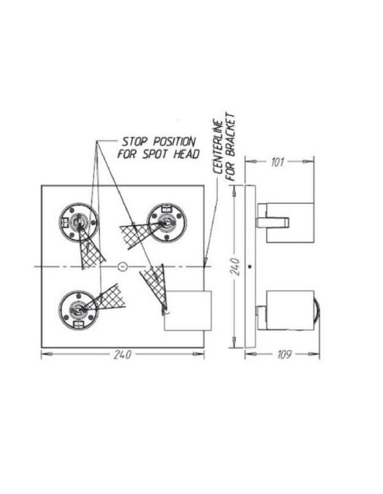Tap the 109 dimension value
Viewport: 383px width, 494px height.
pyautogui.click(x=280, y=354)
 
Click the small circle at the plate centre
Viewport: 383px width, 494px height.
pyautogui.click(x=122, y=267)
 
